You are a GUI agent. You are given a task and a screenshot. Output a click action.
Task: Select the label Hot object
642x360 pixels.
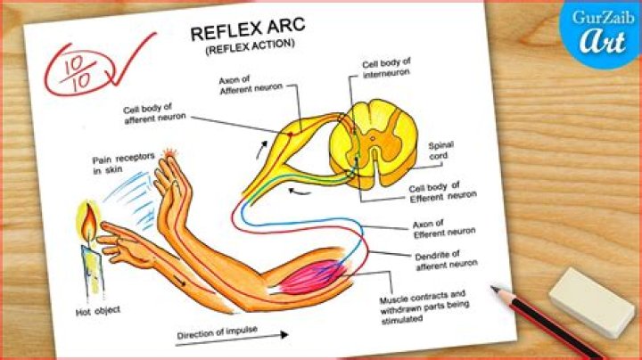point(97,311)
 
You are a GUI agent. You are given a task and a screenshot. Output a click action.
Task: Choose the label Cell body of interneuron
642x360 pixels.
point(385,69)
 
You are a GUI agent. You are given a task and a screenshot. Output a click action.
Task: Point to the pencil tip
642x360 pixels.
point(495,289)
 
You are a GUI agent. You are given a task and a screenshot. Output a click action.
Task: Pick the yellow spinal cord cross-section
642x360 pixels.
point(373,143)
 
